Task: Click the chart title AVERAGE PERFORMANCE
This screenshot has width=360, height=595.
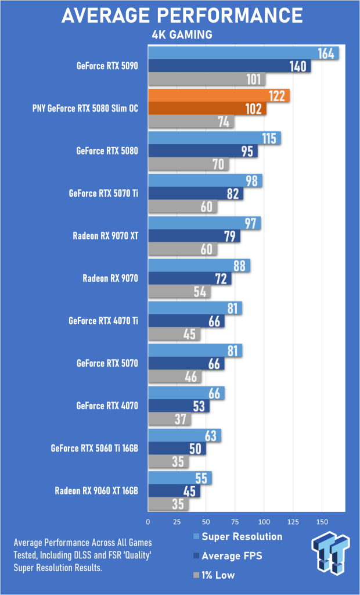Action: pyautogui.click(x=182, y=16)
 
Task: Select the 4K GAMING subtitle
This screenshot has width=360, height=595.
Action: pyautogui.click(x=181, y=35)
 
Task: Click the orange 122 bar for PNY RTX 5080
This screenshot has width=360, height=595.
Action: pyautogui.click(x=219, y=96)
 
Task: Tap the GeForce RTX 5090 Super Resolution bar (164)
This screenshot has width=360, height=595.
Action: pyautogui.click(x=243, y=53)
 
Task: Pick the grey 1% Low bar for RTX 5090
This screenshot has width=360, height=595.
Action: pyautogui.click(x=207, y=79)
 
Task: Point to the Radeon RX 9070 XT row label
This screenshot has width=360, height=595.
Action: pyautogui.click(x=105, y=236)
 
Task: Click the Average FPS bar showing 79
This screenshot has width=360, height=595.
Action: pyautogui.click(x=194, y=236)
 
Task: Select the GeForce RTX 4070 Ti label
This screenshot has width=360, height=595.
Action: pyautogui.click(x=103, y=321)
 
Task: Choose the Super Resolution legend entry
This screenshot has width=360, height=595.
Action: pyautogui.click(x=238, y=536)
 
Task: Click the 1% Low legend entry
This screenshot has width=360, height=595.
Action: pyautogui.click(x=214, y=575)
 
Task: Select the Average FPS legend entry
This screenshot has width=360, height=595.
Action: pyautogui.click(x=228, y=556)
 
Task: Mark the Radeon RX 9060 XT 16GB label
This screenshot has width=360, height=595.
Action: pyautogui.click(x=96, y=491)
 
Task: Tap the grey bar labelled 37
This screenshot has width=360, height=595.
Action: pyautogui.click(x=170, y=420)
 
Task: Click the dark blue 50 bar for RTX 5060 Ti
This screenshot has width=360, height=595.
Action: pyautogui.click(x=177, y=449)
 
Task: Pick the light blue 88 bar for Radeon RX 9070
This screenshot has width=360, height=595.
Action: pyautogui.click(x=199, y=266)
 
